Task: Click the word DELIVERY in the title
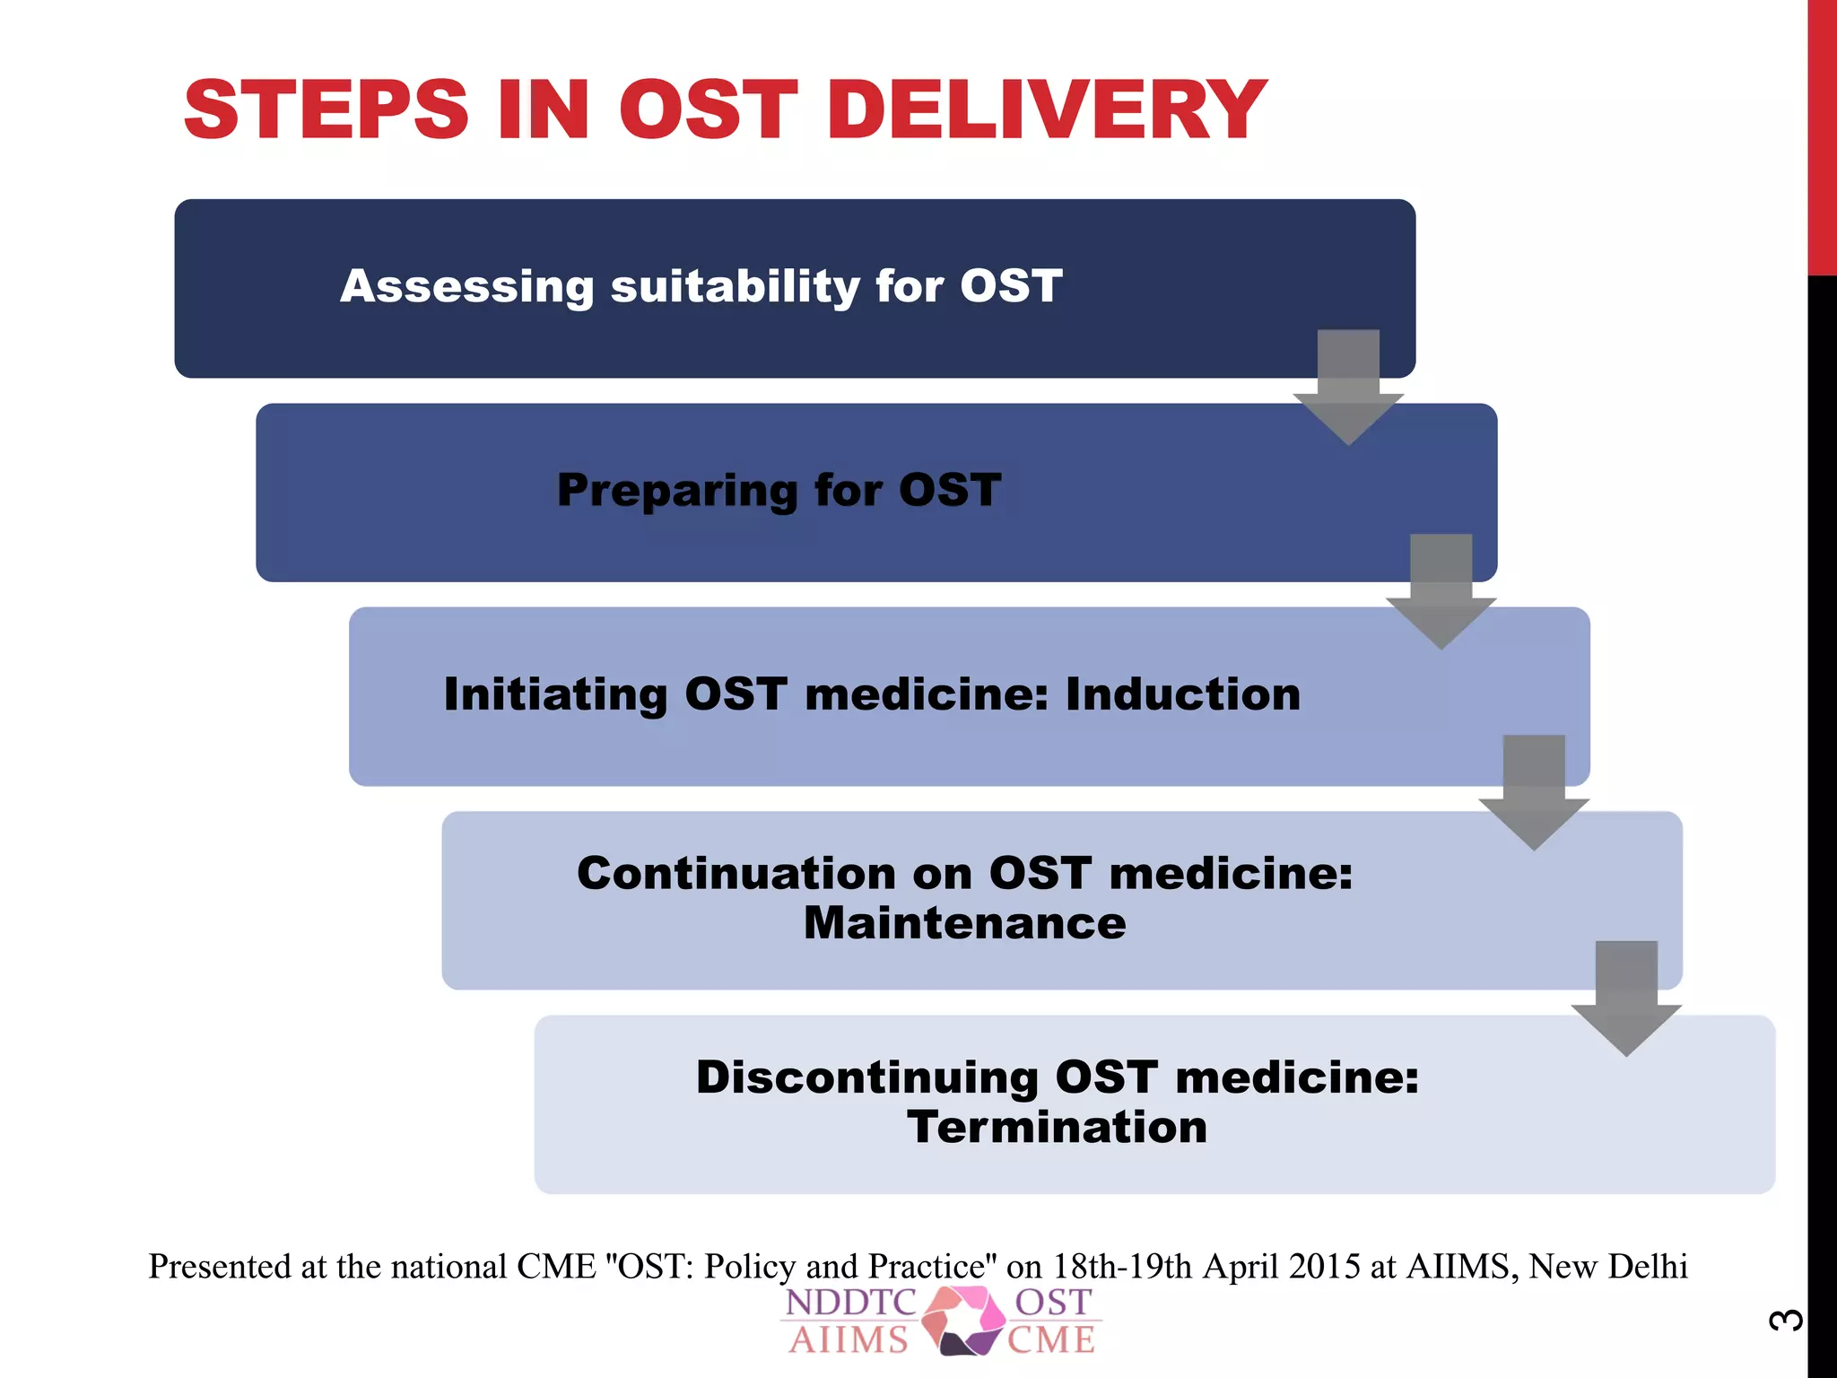[x=1046, y=109]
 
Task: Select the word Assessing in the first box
[x=466, y=287]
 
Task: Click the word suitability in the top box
[x=735, y=287]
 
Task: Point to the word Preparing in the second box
[x=676, y=492]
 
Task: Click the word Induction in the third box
[x=1183, y=694]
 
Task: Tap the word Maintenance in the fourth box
[x=964, y=923]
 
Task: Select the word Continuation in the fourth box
[x=736, y=873]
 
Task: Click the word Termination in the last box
[x=1057, y=1127]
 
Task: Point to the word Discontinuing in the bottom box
[x=866, y=1077]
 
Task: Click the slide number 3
[x=1786, y=1320]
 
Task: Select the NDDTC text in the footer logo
[x=850, y=1303]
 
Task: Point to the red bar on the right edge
[x=1822, y=135]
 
